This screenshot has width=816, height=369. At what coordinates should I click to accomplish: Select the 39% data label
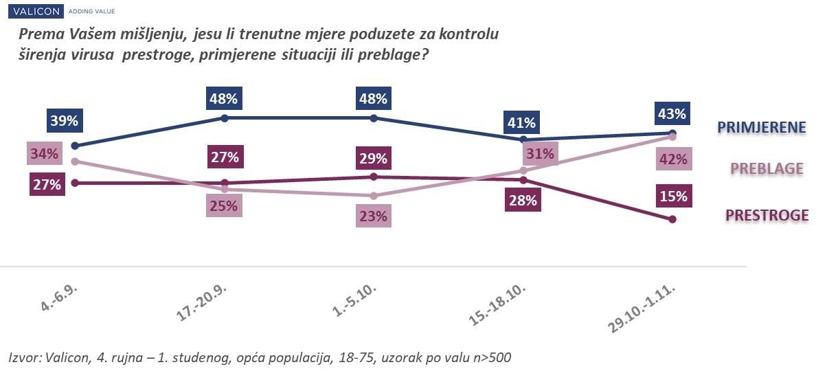tap(64, 122)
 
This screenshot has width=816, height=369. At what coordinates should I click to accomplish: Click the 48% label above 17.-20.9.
tap(224, 98)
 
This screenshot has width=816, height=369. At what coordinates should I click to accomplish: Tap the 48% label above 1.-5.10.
tap(373, 98)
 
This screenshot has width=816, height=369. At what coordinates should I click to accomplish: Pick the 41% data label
tap(521, 123)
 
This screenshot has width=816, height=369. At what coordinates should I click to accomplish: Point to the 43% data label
tap(672, 114)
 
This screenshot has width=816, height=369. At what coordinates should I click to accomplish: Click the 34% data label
tap(43, 153)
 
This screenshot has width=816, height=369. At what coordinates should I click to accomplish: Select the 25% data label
tap(224, 205)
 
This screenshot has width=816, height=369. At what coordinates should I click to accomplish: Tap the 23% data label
tap(373, 216)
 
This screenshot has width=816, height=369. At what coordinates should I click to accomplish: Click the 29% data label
tap(373, 158)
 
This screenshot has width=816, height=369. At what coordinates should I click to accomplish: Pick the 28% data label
tap(521, 201)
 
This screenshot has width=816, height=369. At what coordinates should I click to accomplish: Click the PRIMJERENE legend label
tap(760, 127)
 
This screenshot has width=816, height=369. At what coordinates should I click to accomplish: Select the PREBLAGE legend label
tap(767, 168)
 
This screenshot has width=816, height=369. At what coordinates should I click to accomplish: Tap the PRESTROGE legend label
tap(767, 216)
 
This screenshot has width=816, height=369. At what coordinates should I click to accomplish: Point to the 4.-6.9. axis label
tap(60, 296)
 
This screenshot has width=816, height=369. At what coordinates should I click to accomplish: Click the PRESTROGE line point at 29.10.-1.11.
tap(672, 219)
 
